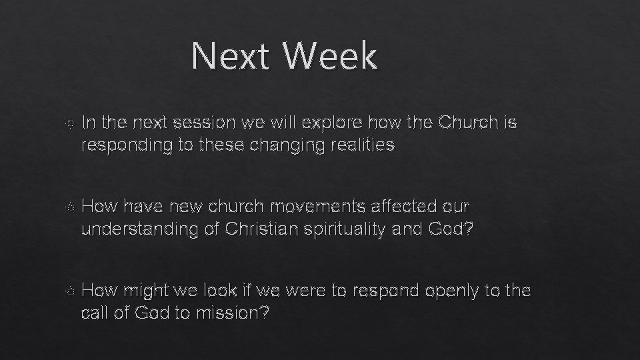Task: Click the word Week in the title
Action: (330, 56)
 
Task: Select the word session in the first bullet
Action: (201, 123)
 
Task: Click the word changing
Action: (290, 145)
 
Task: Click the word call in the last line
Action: (93, 313)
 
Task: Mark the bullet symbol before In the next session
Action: (71, 124)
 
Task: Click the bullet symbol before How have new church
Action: (71, 208)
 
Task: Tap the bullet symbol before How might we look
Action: (71, 292)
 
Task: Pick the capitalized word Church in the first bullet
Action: (467, 123)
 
